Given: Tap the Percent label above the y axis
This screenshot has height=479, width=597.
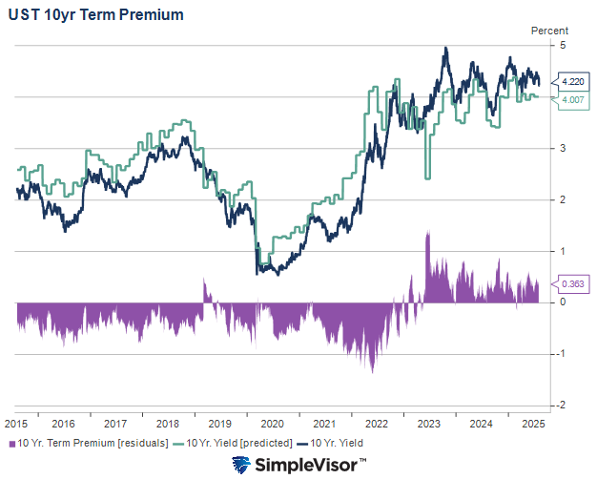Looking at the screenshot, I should tap(549, 31).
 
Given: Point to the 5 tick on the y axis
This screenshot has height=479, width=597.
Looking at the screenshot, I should tap(564, 46).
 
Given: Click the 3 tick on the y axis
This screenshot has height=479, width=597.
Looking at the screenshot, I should tap(564, 148).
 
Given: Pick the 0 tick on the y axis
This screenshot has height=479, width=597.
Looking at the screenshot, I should tap(564, 302).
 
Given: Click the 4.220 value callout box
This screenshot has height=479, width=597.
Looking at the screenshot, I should tap(573, 82).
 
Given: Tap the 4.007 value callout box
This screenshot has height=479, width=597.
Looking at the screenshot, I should tap(573, 100).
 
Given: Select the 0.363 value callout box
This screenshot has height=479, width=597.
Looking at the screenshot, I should tap(573, 283).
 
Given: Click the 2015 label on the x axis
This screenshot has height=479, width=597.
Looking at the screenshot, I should tap(15, 423).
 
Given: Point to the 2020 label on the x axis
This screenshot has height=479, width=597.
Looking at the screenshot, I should tap(273, 423).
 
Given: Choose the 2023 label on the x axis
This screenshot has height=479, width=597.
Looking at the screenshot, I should tap(428, 423).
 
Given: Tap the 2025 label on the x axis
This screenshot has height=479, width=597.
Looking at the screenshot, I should tap(532, 423).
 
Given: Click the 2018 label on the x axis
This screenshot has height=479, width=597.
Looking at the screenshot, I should tap(169, 423).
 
